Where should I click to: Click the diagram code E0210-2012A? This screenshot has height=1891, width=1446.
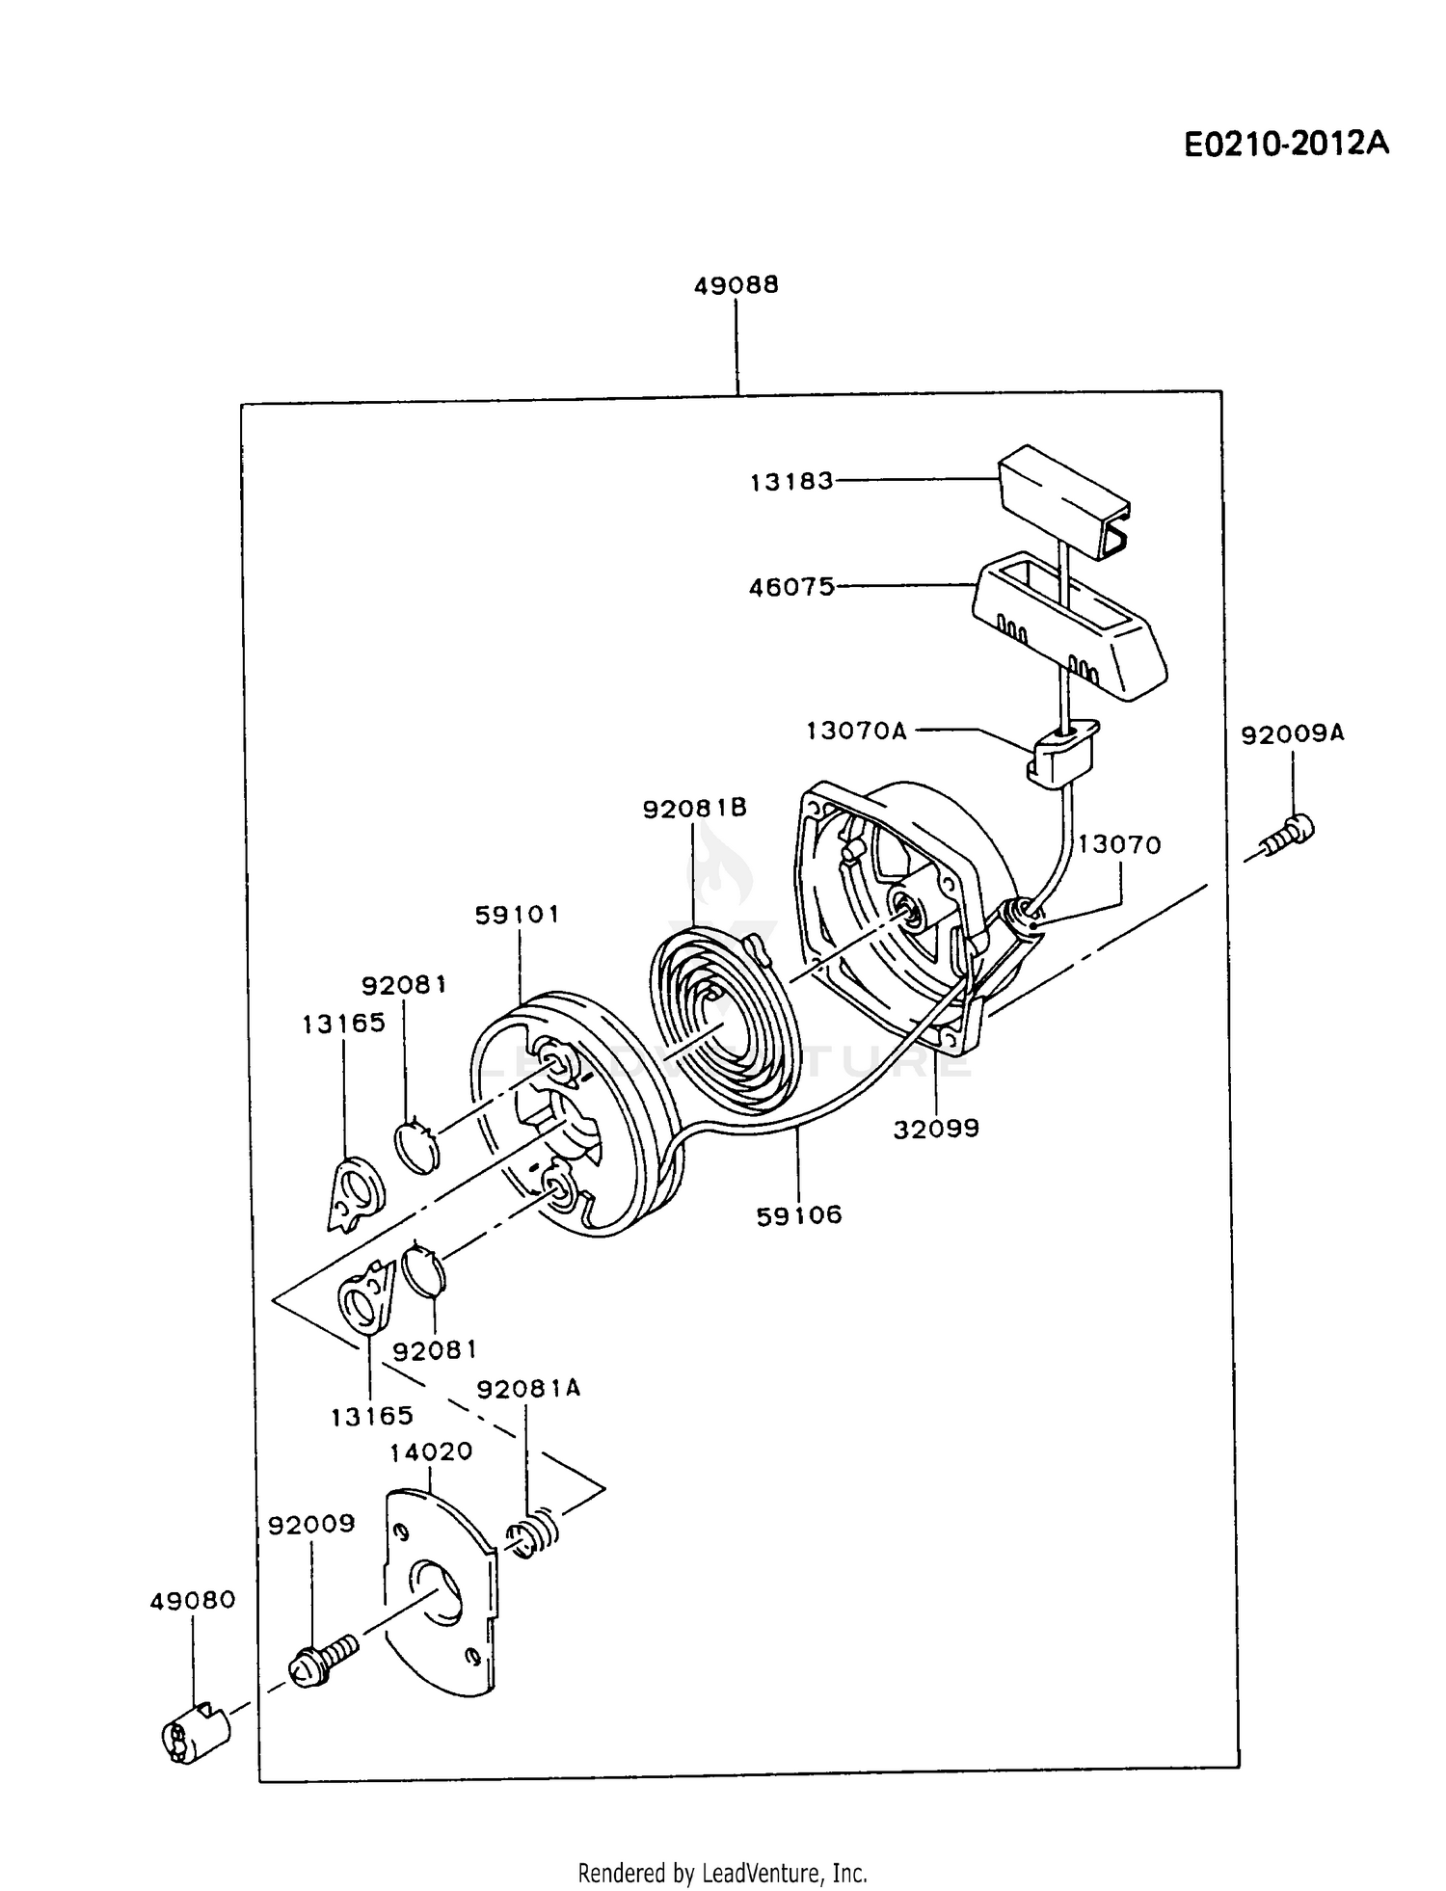(x=1286, y=144)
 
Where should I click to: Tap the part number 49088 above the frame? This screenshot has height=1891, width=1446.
(x=736, y=285)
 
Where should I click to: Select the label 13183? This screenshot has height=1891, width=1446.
(x=792, y=482)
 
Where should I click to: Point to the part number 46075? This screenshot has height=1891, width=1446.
(x=792, y=587)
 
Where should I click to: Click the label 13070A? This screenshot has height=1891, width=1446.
(x=857, y=731)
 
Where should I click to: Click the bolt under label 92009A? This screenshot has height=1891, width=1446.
(x=1284, y=835)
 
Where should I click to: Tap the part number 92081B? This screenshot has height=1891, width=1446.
(x=695, y=808)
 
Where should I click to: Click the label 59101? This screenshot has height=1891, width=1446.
(x=517, y=914)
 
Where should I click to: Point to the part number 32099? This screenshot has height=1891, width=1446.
(x=936, y=1128)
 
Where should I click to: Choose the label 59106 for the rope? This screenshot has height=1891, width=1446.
(x=799, y=1215)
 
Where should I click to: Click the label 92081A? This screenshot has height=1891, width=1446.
(x=529, y=1389)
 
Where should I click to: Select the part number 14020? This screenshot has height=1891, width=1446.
(x=431, y=1452)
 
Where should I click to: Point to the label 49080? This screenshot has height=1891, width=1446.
(x=193, y=1601)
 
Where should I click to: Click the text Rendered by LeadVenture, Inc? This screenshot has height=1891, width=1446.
(x=722, y=1873)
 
